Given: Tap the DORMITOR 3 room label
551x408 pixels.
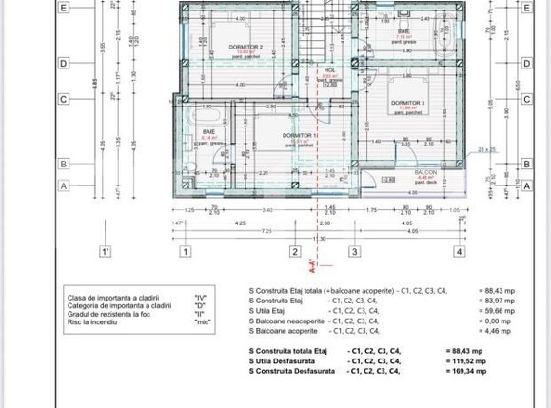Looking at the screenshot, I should (x=411, y=102).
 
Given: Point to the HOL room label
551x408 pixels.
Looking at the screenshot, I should (x=329, y=69).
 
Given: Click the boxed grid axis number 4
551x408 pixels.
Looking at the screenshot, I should (x=460, y=252).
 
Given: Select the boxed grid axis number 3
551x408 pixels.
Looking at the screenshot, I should (x=354, y=252).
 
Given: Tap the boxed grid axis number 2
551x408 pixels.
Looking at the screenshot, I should (x=295, y=252).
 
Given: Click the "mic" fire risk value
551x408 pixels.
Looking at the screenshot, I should (x=201, y=321).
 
